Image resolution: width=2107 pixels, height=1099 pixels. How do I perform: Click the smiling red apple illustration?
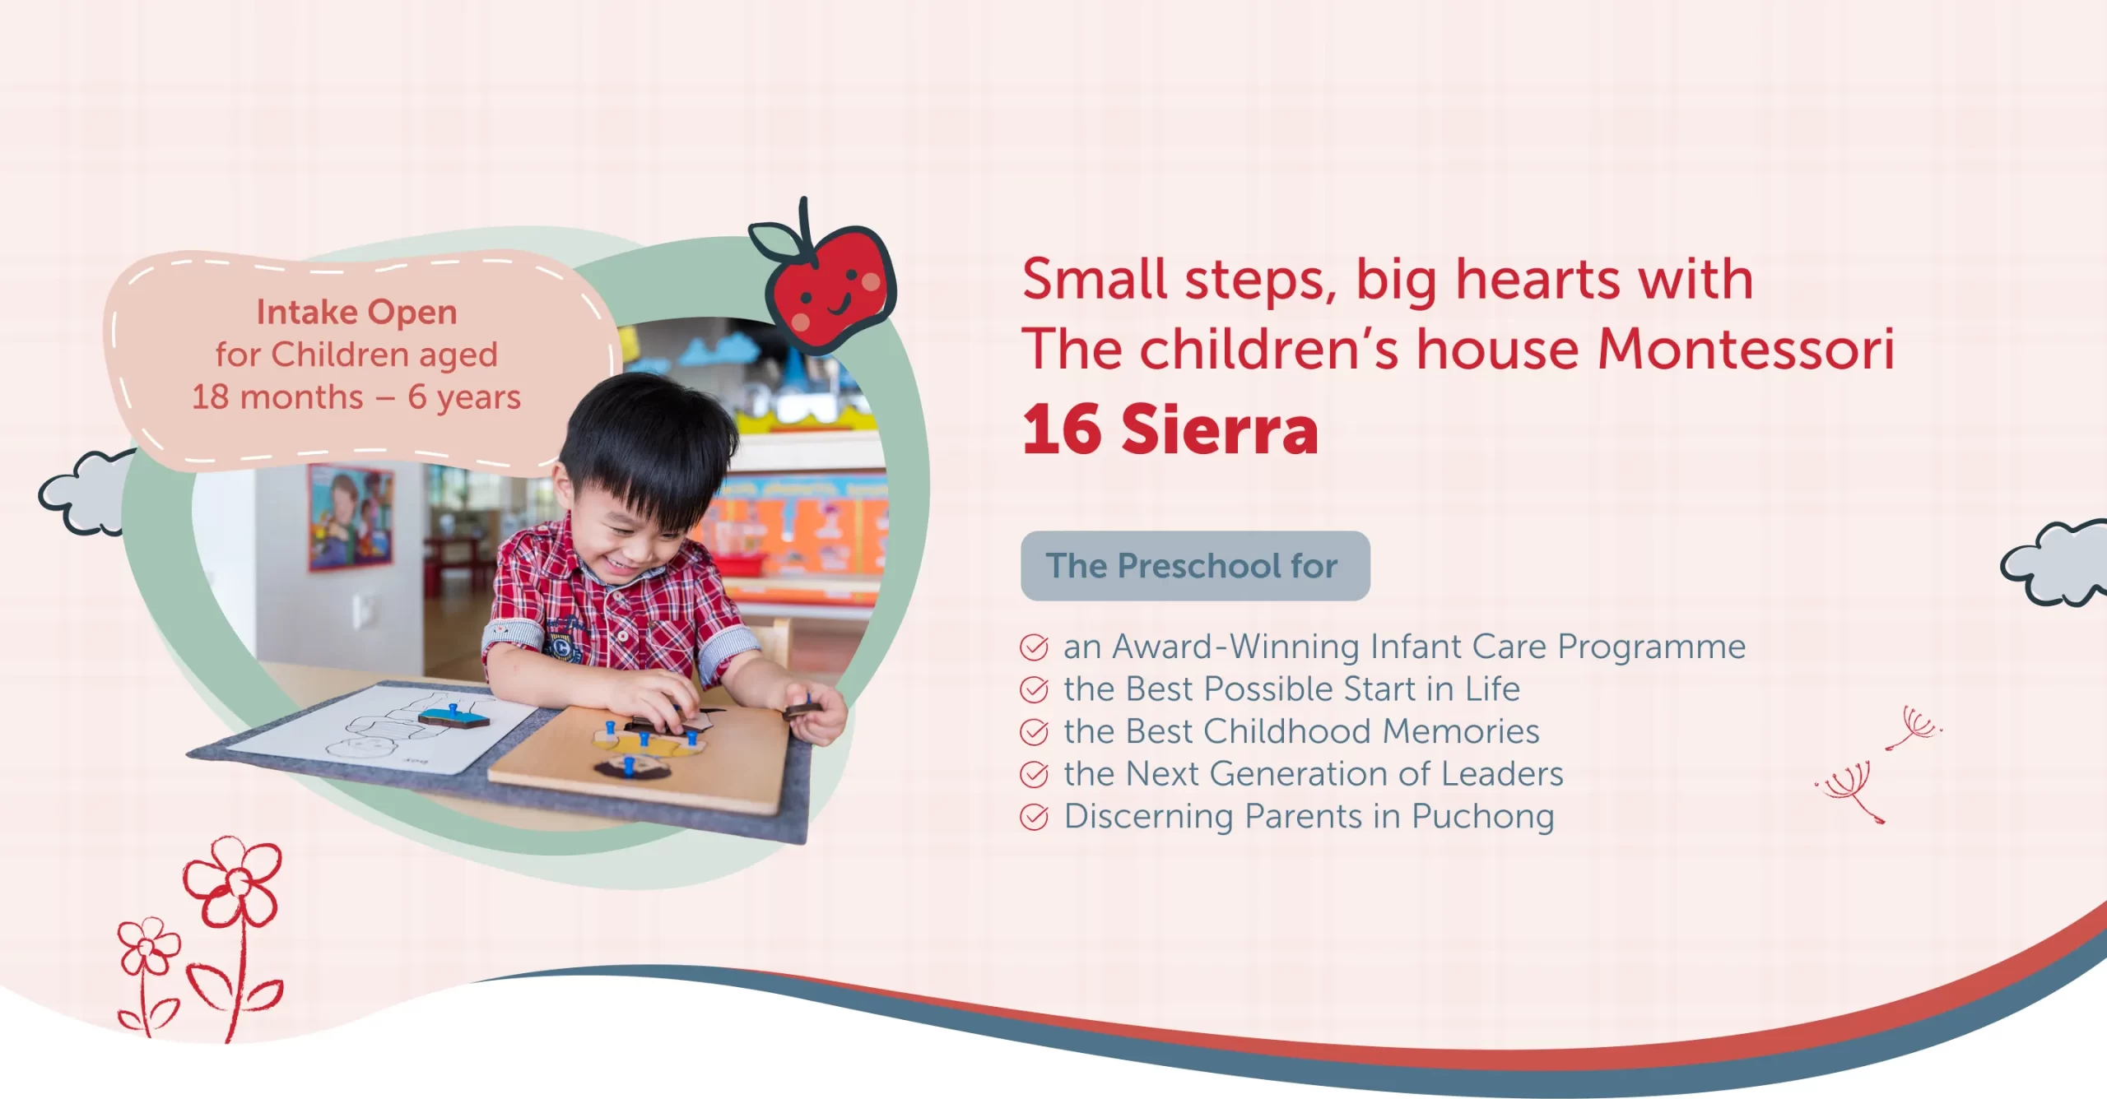click(x=827, y=280)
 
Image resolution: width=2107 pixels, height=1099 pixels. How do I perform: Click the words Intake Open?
click(x=356, y=312)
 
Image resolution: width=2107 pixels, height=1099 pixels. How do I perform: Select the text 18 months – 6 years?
click(x=356, y=396)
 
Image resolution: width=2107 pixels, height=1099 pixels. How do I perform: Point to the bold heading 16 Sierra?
click(x=1170, y=429)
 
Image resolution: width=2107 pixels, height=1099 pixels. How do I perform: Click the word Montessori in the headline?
click(x=1746, y=349)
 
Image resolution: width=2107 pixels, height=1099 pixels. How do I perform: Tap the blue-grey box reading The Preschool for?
click(x=1195, y=566)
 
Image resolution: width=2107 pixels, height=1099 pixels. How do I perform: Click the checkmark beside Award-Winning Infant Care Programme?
click(x=1034, y=647)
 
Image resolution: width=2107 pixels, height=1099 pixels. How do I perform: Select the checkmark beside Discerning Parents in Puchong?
click(x=1034, y=817)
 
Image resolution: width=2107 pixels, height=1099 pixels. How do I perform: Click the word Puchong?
click(x=1483, y=818)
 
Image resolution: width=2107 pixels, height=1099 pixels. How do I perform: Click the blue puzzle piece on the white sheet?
click(x=453, y=717)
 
